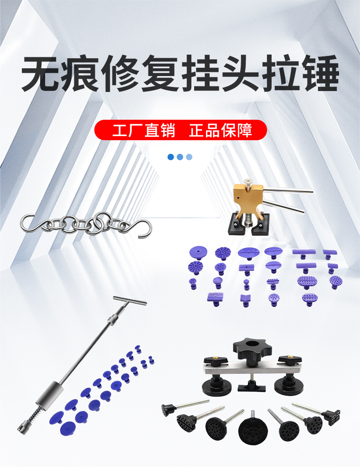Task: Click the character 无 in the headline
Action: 40,73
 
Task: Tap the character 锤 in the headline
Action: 321,73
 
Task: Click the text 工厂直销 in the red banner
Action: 144,130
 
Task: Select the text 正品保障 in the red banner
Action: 221,130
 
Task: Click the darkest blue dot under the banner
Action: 170,157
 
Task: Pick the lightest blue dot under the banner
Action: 189,157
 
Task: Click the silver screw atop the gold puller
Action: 248,183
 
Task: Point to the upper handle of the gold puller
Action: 288,190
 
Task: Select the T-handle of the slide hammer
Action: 130,300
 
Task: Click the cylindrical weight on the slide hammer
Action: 50,396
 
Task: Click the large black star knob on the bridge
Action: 252,349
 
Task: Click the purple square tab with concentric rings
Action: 216,299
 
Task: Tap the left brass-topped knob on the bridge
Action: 216,360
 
